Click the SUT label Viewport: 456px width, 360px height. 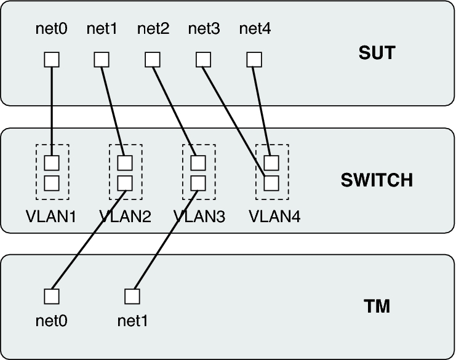376,53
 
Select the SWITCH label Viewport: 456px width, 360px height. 376,180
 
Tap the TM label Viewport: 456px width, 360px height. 377,305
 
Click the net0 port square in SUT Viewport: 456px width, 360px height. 52,60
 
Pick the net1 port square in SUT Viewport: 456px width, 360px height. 102,60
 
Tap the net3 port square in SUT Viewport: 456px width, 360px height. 203,60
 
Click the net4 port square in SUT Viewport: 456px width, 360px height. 254,60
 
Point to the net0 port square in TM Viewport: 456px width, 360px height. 52,296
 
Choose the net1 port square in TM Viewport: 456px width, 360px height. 132,296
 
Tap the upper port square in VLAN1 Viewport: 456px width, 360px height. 52,162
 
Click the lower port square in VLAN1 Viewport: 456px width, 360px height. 52,182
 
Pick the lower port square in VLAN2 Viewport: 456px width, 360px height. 125,182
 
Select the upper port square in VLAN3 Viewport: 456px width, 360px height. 198,162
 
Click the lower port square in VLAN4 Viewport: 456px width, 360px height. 271,182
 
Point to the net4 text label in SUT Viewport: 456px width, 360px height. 254,29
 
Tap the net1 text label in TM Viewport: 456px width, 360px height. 133,321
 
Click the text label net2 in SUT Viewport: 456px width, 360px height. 153,29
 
